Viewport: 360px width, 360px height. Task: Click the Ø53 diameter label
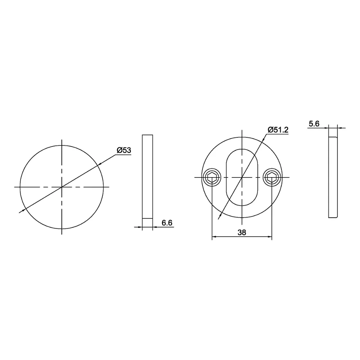(x=124, y=151)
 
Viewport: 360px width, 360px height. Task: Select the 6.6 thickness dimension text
(x=167, y=223)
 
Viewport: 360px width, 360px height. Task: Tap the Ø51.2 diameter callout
(x=278, y=130)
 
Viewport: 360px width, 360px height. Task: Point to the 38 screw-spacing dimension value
(x=242, y=233)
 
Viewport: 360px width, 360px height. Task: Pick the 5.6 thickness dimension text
(x=314, y=124)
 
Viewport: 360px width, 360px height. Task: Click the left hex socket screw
(x=211, y=177)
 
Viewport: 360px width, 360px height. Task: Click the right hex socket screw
(x=272, y=177)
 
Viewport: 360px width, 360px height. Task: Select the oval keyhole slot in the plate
(x=242, y=177)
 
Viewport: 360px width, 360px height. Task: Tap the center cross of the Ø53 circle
(x=61, y=187)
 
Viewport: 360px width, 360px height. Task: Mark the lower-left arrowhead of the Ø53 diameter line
(x=23, y=211)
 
